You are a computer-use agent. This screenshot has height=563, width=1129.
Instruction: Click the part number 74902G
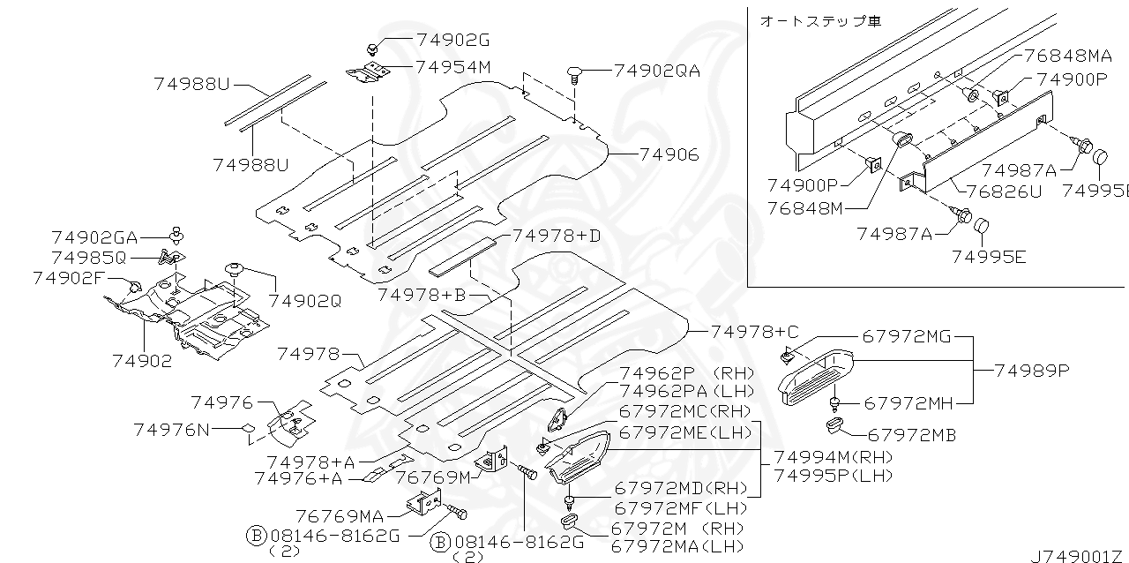click(452, 40)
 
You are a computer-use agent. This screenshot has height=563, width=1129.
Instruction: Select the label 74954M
click(452, 66)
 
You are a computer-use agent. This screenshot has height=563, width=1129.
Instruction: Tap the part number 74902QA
click(657, 71)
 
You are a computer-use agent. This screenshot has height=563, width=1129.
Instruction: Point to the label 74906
click(669, 154)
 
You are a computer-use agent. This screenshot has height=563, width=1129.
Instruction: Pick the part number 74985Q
click(89, 258)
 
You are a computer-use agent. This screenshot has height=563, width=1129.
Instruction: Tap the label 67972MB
click(912, 435)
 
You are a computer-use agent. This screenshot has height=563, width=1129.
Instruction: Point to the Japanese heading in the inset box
click(819, 20)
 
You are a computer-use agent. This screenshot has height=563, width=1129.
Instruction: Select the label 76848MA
click(1068, 55)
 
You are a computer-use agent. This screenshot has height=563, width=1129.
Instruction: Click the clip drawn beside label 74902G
click(373, 46)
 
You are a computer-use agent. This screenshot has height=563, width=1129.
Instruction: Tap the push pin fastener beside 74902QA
click(576, 72)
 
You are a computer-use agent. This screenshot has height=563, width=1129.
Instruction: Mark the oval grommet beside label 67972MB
click(835, 427)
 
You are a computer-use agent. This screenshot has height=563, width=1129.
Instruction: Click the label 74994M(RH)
click(834, 457)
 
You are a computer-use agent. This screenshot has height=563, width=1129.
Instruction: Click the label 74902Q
click(305, 300)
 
